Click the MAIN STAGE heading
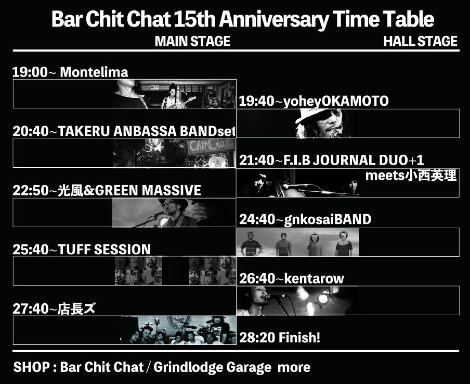click(192, 41)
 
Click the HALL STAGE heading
click(420, 41)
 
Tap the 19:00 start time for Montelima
click(30, 72)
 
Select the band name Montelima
click(94, 72)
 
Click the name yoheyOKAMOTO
click(336, 101)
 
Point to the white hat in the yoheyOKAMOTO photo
click(312, 115)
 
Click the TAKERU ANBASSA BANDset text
click(147, 131)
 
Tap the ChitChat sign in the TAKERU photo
click(208, 146)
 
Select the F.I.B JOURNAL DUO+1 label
click(354, 160)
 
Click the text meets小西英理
click(411, 176)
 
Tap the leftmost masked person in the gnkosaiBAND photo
click(251, 244)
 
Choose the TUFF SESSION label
click(105, 250)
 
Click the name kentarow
click(314, 279)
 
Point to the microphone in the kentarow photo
click(275, 297)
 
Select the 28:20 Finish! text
click(280, 338)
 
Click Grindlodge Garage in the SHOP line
click(212, 367)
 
